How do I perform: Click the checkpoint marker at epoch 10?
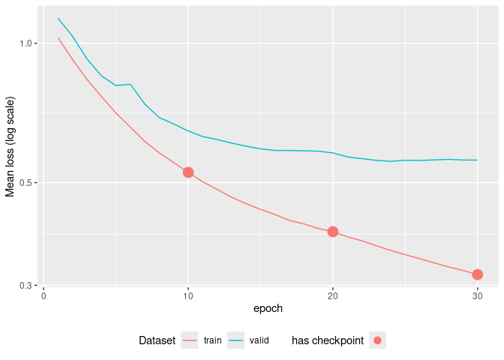188,172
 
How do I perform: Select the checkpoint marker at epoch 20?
332,232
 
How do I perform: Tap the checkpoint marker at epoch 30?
477,274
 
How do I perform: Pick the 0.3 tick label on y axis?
27,286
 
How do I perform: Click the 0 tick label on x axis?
43,295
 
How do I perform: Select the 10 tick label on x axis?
188,295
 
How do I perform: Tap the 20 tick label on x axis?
332,295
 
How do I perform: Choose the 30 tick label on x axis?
477,295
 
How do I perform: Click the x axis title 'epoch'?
268,308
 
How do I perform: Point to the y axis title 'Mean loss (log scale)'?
10,147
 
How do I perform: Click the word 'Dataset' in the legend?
157,340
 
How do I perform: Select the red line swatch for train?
190,340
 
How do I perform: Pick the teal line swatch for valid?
236,340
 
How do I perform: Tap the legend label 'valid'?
259,340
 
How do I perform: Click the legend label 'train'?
212,340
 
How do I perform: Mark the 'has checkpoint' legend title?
328,340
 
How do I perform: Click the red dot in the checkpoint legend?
377,340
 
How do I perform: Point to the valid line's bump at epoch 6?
130,84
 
